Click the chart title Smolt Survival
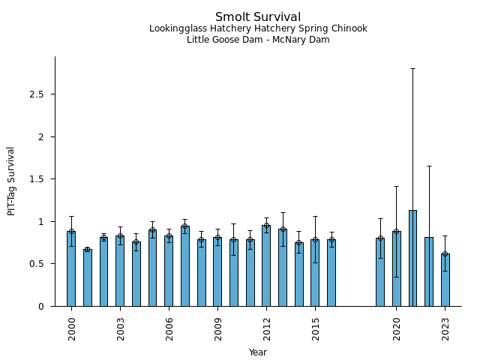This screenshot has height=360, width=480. coord(258,16)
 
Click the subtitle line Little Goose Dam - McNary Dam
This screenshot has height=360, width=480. coord(258,40)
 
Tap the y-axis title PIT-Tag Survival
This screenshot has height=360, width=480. coord(11,181)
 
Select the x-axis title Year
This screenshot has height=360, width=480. coord(258,352)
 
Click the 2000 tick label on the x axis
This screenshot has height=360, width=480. coord(72,328)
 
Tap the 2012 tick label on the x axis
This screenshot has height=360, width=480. coord(267,328)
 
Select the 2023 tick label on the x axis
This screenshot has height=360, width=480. coord(445,328)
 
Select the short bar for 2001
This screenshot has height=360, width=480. coord(87,277)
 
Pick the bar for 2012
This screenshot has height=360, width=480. coord(266,265)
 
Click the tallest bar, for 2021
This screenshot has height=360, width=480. coord(412,258)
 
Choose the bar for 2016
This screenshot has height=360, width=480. coord(331,273)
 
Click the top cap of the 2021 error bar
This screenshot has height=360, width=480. coord(412,68)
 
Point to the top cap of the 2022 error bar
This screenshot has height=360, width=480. coord(429,166)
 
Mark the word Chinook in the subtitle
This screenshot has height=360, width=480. coord(349,28)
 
